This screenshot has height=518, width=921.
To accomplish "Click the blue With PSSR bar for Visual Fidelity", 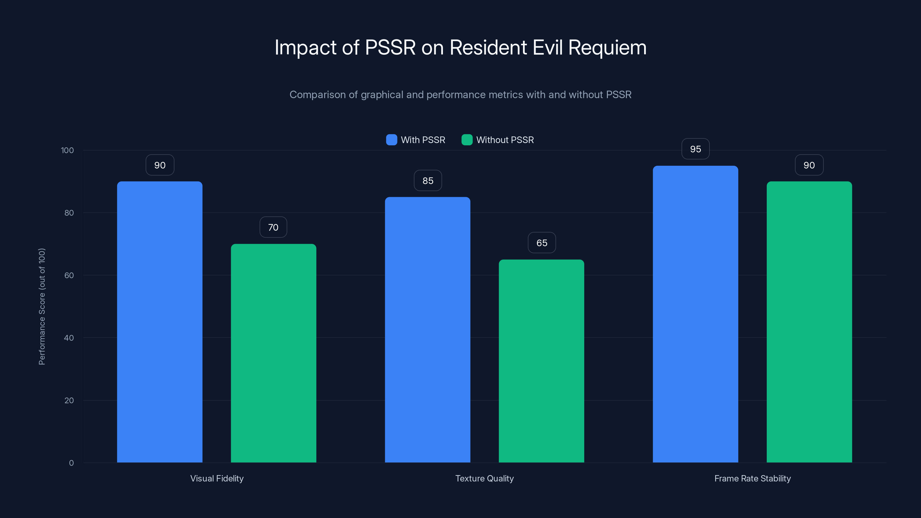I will tap(159, 322).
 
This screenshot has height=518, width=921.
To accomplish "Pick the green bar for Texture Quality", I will tap(541, 361).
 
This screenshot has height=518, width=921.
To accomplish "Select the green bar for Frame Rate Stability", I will tap(809, 322).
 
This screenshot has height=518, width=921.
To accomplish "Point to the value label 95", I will tap(695, 149).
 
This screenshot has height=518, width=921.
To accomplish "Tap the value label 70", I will tap(273, 227).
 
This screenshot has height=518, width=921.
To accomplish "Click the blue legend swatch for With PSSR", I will tap(391, 140).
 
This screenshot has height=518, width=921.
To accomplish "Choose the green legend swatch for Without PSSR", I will tap(467, 140).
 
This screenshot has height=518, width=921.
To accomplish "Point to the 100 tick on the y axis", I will tap(67, 150).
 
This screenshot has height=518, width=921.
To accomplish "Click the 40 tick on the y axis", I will tap(69, 338).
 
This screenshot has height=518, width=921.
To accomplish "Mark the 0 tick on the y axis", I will tap(71, 463).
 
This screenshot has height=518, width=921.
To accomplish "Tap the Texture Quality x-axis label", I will tap(484, 478).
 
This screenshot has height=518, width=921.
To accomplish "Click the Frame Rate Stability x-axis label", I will tap(752, 478).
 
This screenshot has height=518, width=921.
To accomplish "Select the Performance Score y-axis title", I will tap(42, 306).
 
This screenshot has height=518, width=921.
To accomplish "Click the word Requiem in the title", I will tap(607, 47).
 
